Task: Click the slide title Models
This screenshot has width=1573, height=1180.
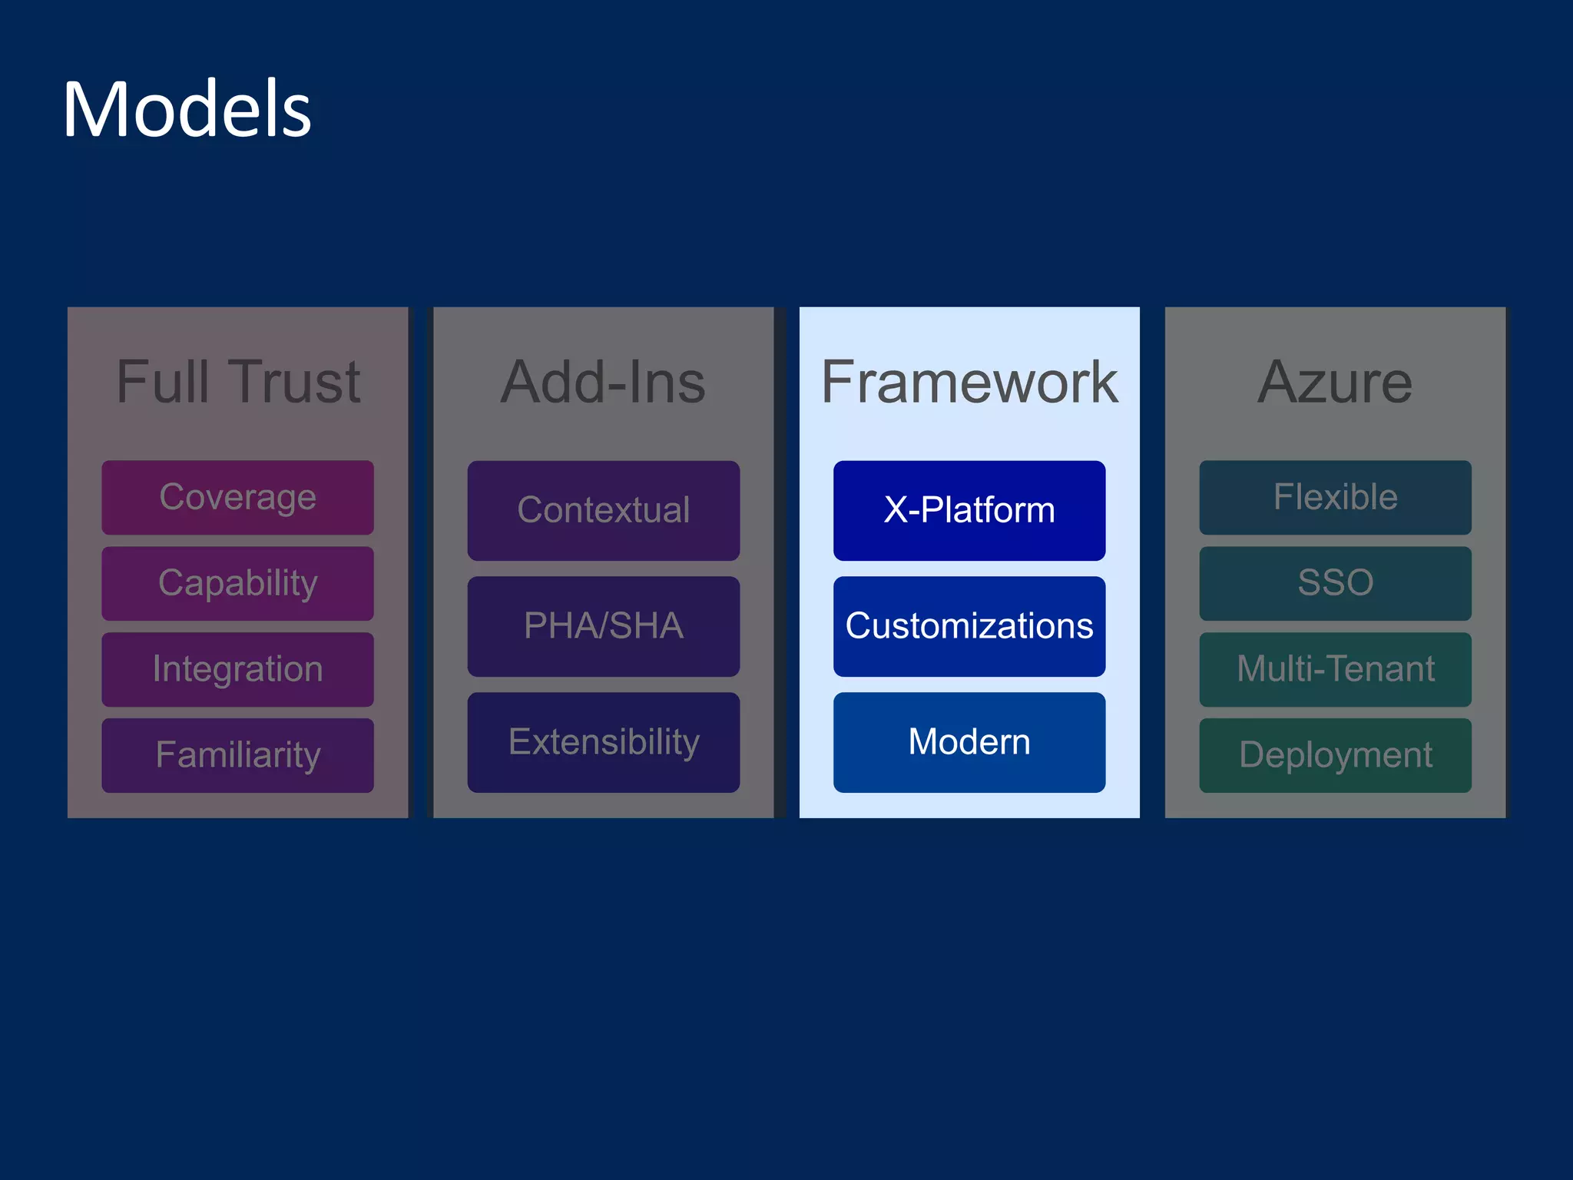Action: click(187, 110)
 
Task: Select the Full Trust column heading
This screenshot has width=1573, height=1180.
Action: click(237, 382)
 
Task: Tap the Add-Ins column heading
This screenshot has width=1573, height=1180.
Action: click(603, 382)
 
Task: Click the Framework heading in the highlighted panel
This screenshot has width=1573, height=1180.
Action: click(969, 382)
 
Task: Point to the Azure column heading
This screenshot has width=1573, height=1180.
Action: click(1335, 382)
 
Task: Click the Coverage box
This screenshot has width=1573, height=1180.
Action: click(237, 497)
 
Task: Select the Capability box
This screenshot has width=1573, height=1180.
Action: click(237, 583)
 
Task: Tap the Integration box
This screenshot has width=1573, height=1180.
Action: click(237, 669)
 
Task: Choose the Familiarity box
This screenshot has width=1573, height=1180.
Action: click(237, 755)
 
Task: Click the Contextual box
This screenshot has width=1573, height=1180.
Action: click(603, 510)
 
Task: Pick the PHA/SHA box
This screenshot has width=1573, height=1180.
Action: click(603, 626)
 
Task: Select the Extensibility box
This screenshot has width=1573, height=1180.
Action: click(603, 742)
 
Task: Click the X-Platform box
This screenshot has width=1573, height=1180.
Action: click(969, 510)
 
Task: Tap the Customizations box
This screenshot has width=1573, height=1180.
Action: click(969, 626)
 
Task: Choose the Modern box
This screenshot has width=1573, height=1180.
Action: click(969, 742)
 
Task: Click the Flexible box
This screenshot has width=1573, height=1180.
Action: click(1335, 497)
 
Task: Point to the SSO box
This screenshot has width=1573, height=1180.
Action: click(1335, 583)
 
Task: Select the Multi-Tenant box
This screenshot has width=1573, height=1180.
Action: click(1335, 669)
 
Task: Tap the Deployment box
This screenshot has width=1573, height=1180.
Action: click(1335, 755)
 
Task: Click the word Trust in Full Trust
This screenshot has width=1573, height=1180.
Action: click(296, 382)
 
